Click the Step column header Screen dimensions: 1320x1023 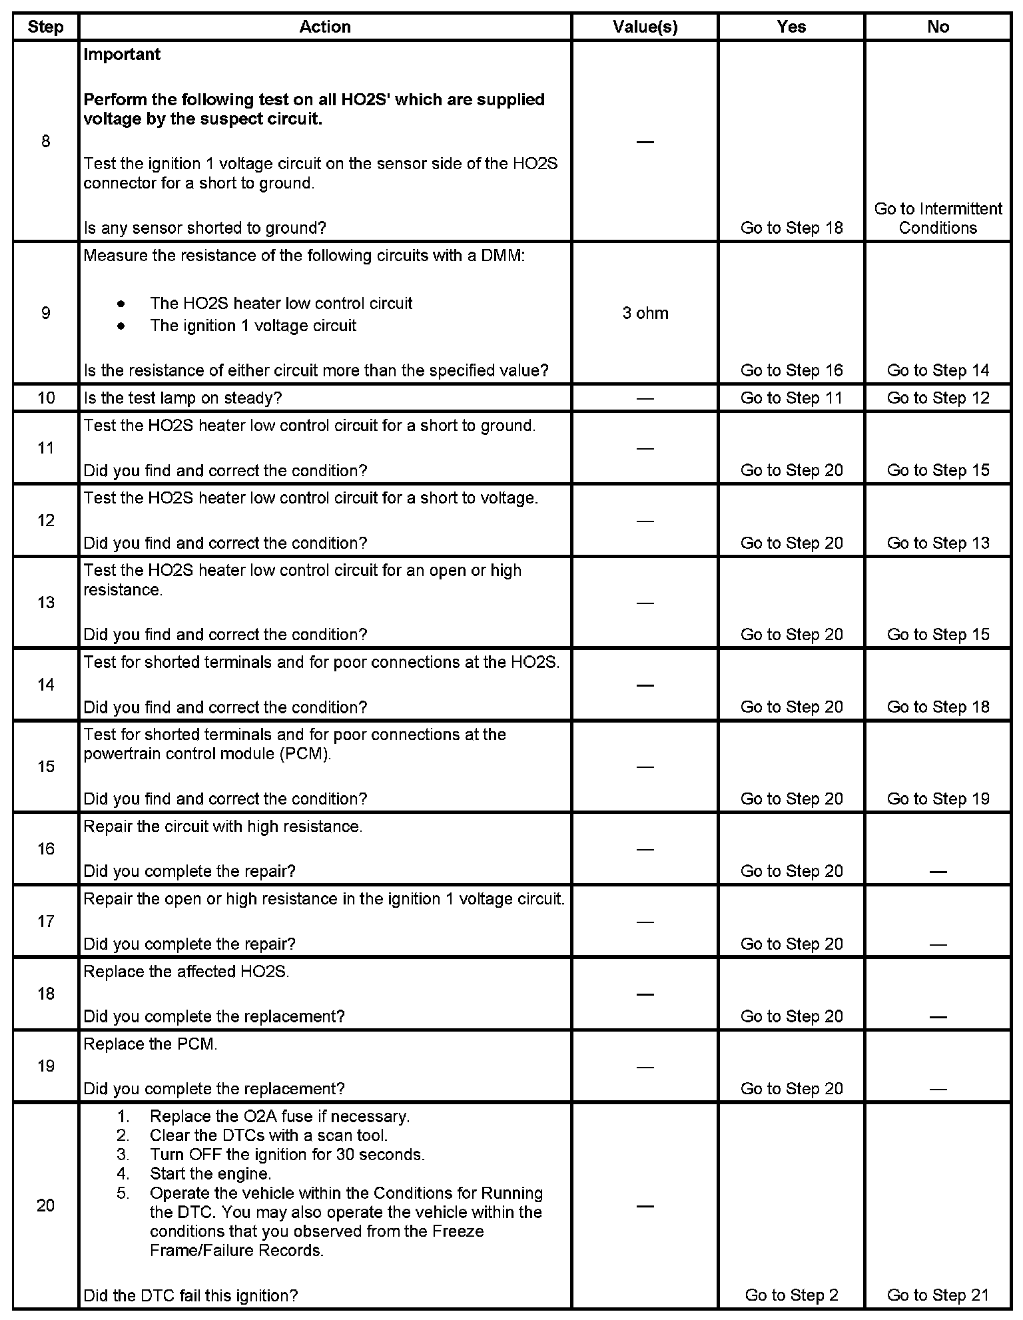click(45, 27)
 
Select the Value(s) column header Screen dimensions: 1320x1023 click(645, 27)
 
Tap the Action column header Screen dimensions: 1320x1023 click(325, 27)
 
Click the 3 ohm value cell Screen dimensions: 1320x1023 click(645, 313)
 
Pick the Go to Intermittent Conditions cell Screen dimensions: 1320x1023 click(938, 218)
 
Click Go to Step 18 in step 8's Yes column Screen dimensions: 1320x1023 click(791, 228)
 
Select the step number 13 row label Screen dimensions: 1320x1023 click(45, 602)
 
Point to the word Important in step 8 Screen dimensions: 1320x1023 click(122, 55)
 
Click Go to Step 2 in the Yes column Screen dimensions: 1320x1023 click(791, 1295)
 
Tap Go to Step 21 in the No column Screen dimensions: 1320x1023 click(938, 1295)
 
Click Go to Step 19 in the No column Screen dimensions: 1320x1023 click(938, 799)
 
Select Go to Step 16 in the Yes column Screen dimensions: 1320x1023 click(791, 370)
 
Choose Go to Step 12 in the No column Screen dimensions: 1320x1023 click(938, 398)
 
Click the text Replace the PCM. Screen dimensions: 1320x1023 click(151, 1044)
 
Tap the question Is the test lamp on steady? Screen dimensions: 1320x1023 click(182, 398)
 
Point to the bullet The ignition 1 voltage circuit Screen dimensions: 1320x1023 click(253, 326)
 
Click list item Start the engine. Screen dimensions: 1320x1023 click(210, 1173)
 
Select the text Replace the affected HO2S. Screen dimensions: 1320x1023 click(186, 972)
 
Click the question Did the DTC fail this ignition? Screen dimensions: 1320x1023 click(190, 1295)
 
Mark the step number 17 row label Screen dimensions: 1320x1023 click(45, 921)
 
